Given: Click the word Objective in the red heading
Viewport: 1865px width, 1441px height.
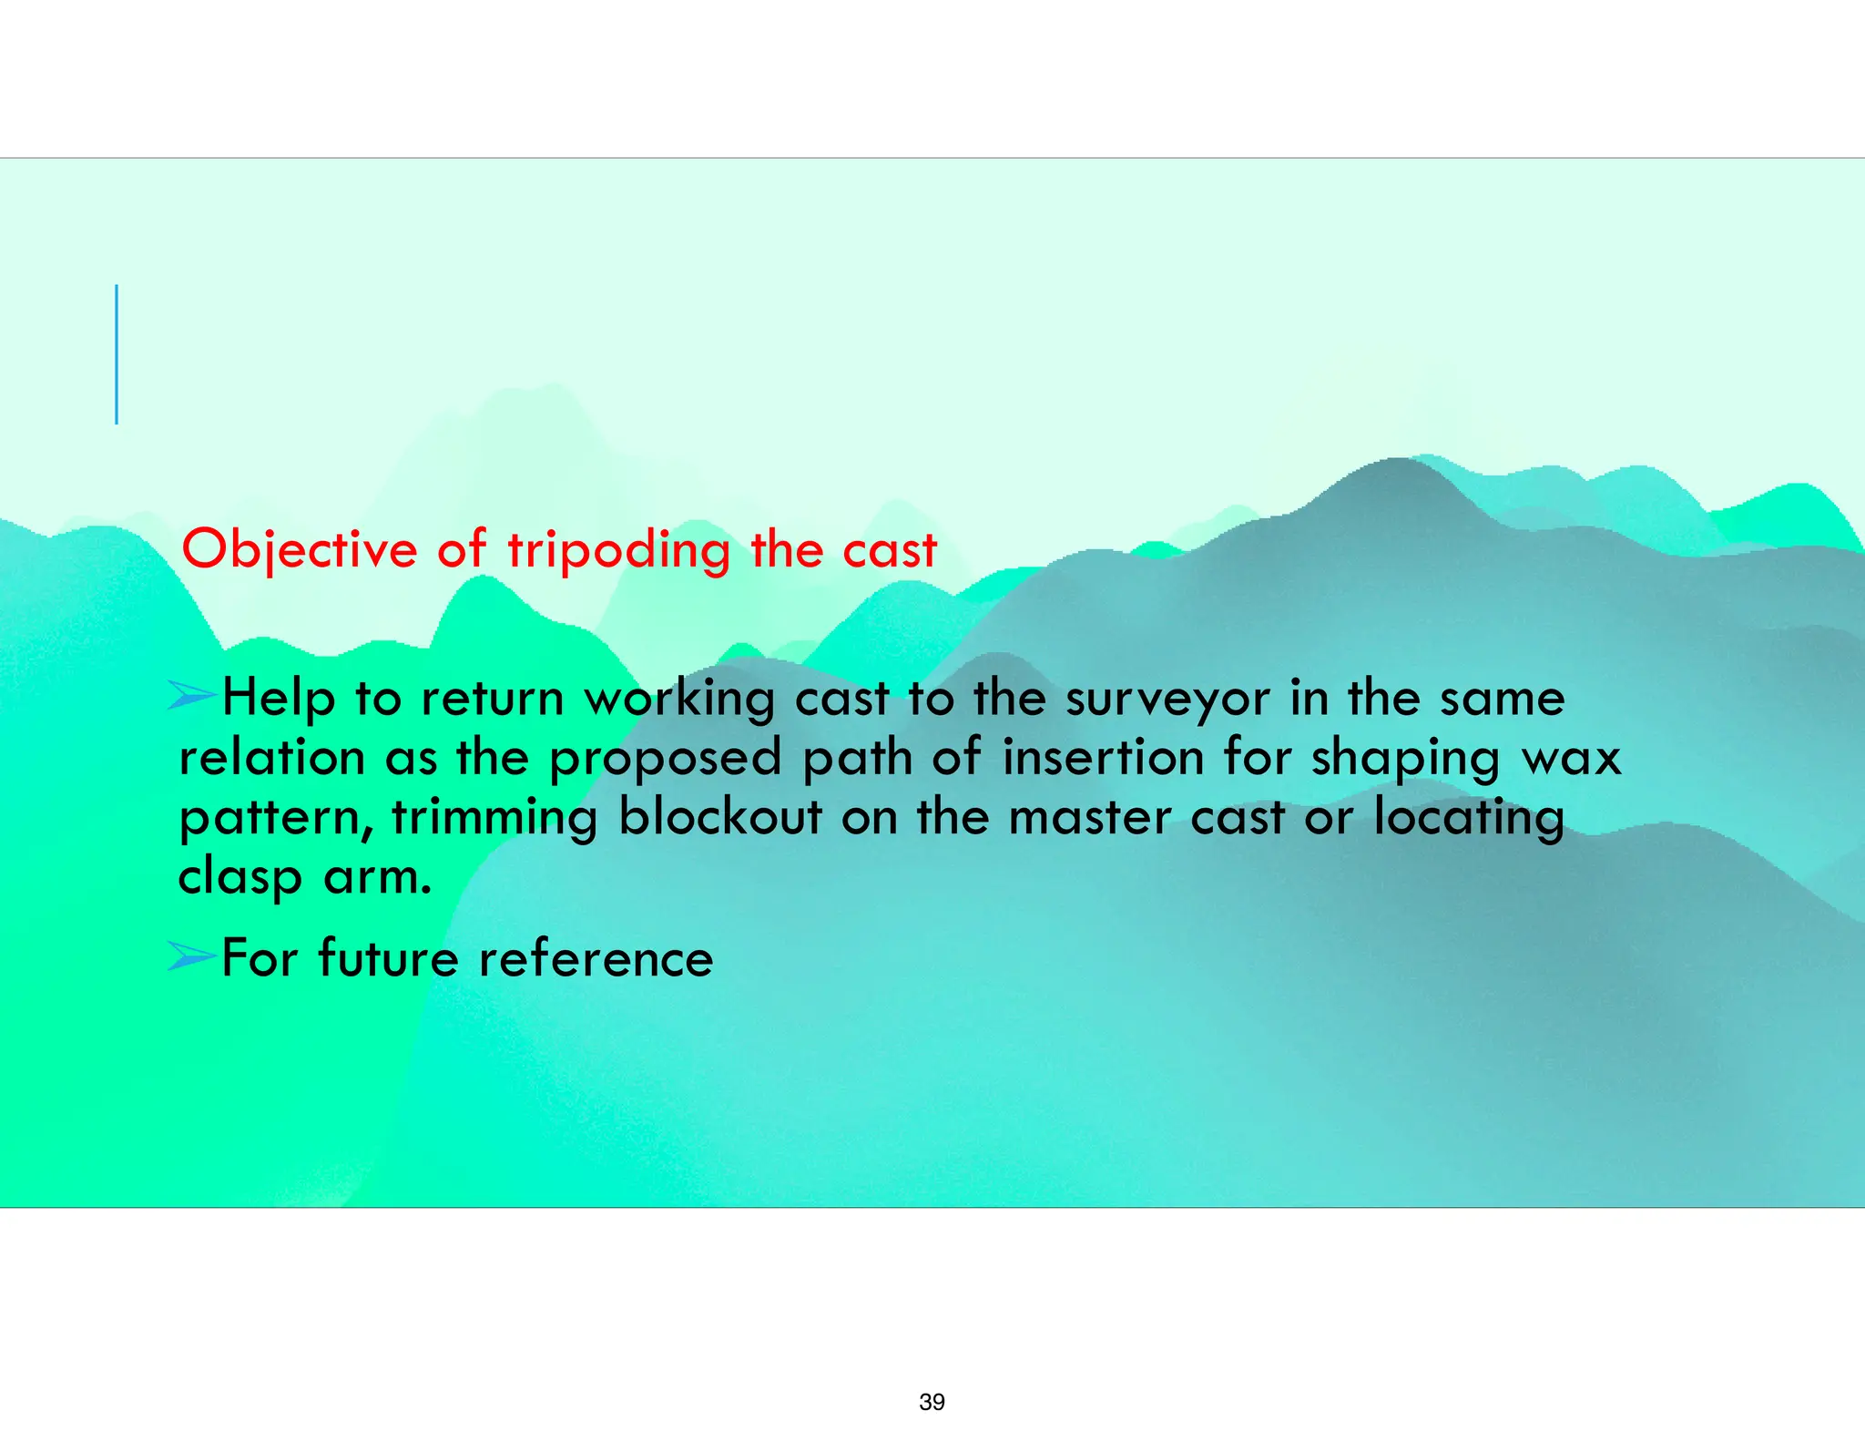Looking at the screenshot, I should (x=299, y=550).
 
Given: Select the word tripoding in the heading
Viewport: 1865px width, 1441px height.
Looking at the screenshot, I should (x=618, y=550).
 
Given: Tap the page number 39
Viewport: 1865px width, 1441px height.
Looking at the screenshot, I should (x=932, y=1402).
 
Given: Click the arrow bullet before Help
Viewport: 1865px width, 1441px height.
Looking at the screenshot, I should (x=192, y=697).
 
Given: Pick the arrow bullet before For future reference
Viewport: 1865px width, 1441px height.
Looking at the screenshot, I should (x=192, y=956).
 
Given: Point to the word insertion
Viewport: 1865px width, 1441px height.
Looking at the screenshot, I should (x=1103, y=758).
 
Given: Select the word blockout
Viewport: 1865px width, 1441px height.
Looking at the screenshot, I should (x=720, y=816).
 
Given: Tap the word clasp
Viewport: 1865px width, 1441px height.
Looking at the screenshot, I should (x=239, y=878).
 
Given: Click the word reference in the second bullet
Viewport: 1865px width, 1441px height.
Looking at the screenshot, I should (x=596, y=958).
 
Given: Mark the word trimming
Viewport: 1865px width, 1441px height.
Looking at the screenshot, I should (x=494, y=817).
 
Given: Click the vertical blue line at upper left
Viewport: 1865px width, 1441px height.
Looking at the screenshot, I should (x=117, y=354).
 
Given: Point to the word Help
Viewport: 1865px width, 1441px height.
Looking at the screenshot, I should (x=279, y=700).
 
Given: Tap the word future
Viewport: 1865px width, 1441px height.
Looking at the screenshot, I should (x=388, y=958).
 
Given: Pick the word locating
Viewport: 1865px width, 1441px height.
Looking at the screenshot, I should (x=1468, y=817).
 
